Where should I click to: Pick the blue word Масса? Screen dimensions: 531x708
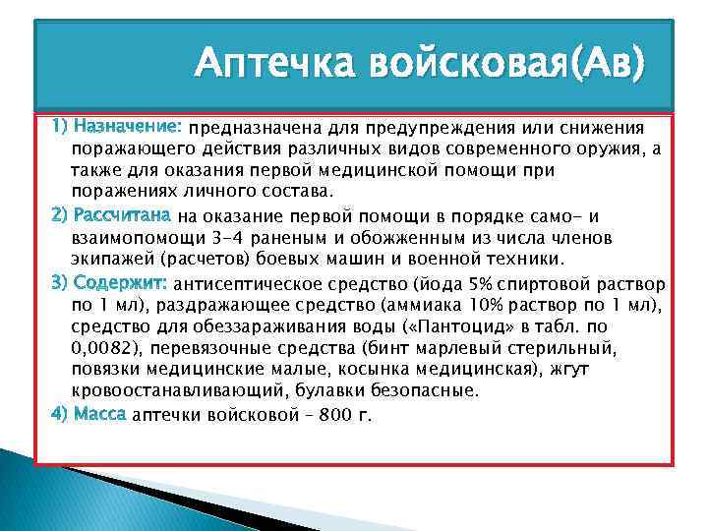[x=98, y=414]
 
